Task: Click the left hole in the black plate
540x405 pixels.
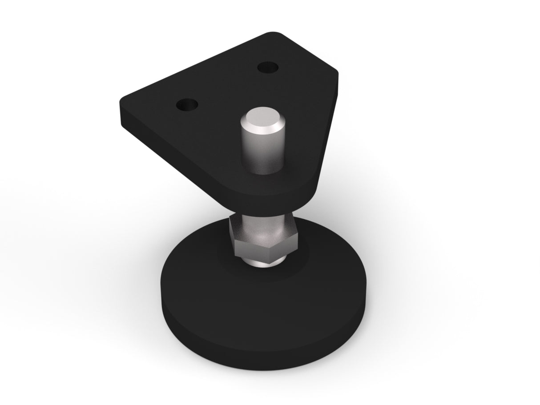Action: click(187, 105)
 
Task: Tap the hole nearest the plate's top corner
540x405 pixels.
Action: click(268, 68)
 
